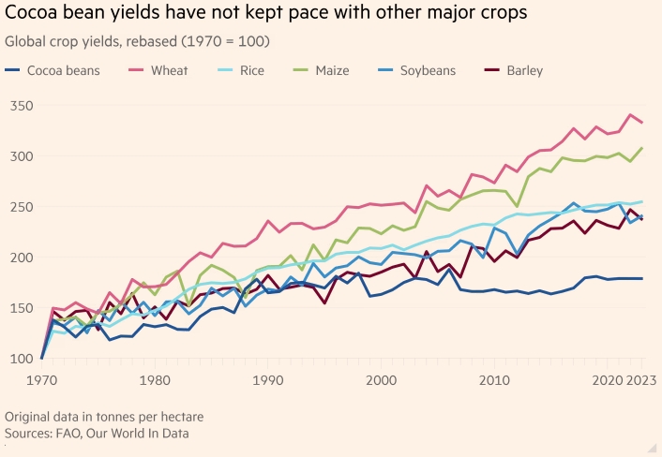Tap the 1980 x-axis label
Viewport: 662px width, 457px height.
[154, 381]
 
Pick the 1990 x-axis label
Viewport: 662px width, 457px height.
[268, 381]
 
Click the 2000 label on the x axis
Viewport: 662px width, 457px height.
[382, 381]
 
